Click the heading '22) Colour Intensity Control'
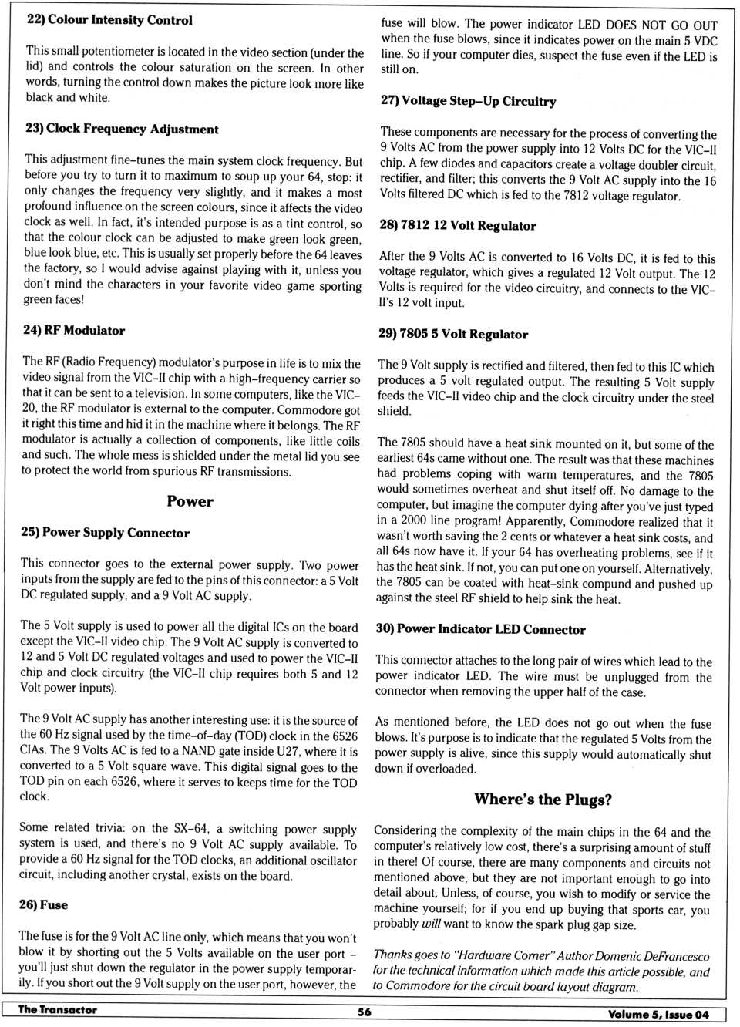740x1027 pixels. point(109,20)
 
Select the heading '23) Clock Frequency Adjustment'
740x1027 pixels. point(122,129)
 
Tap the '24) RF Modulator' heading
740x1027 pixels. point(74,330)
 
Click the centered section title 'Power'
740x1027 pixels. point(190,501)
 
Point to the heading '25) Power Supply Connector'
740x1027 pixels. point(105,533)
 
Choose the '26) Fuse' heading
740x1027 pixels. point(44,904)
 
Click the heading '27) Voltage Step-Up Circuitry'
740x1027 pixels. point(468,101)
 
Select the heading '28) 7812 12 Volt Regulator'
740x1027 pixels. point(458,225)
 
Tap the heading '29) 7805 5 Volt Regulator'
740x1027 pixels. point(453,334)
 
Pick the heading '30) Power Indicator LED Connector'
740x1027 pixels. point(480,629)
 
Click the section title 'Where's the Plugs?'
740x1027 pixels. point(543,800)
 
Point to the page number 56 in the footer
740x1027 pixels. point(364,1012)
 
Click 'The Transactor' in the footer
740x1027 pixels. point(58,1010)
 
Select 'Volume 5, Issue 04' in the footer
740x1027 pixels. point(658,1015)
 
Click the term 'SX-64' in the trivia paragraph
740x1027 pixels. point(191,829)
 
